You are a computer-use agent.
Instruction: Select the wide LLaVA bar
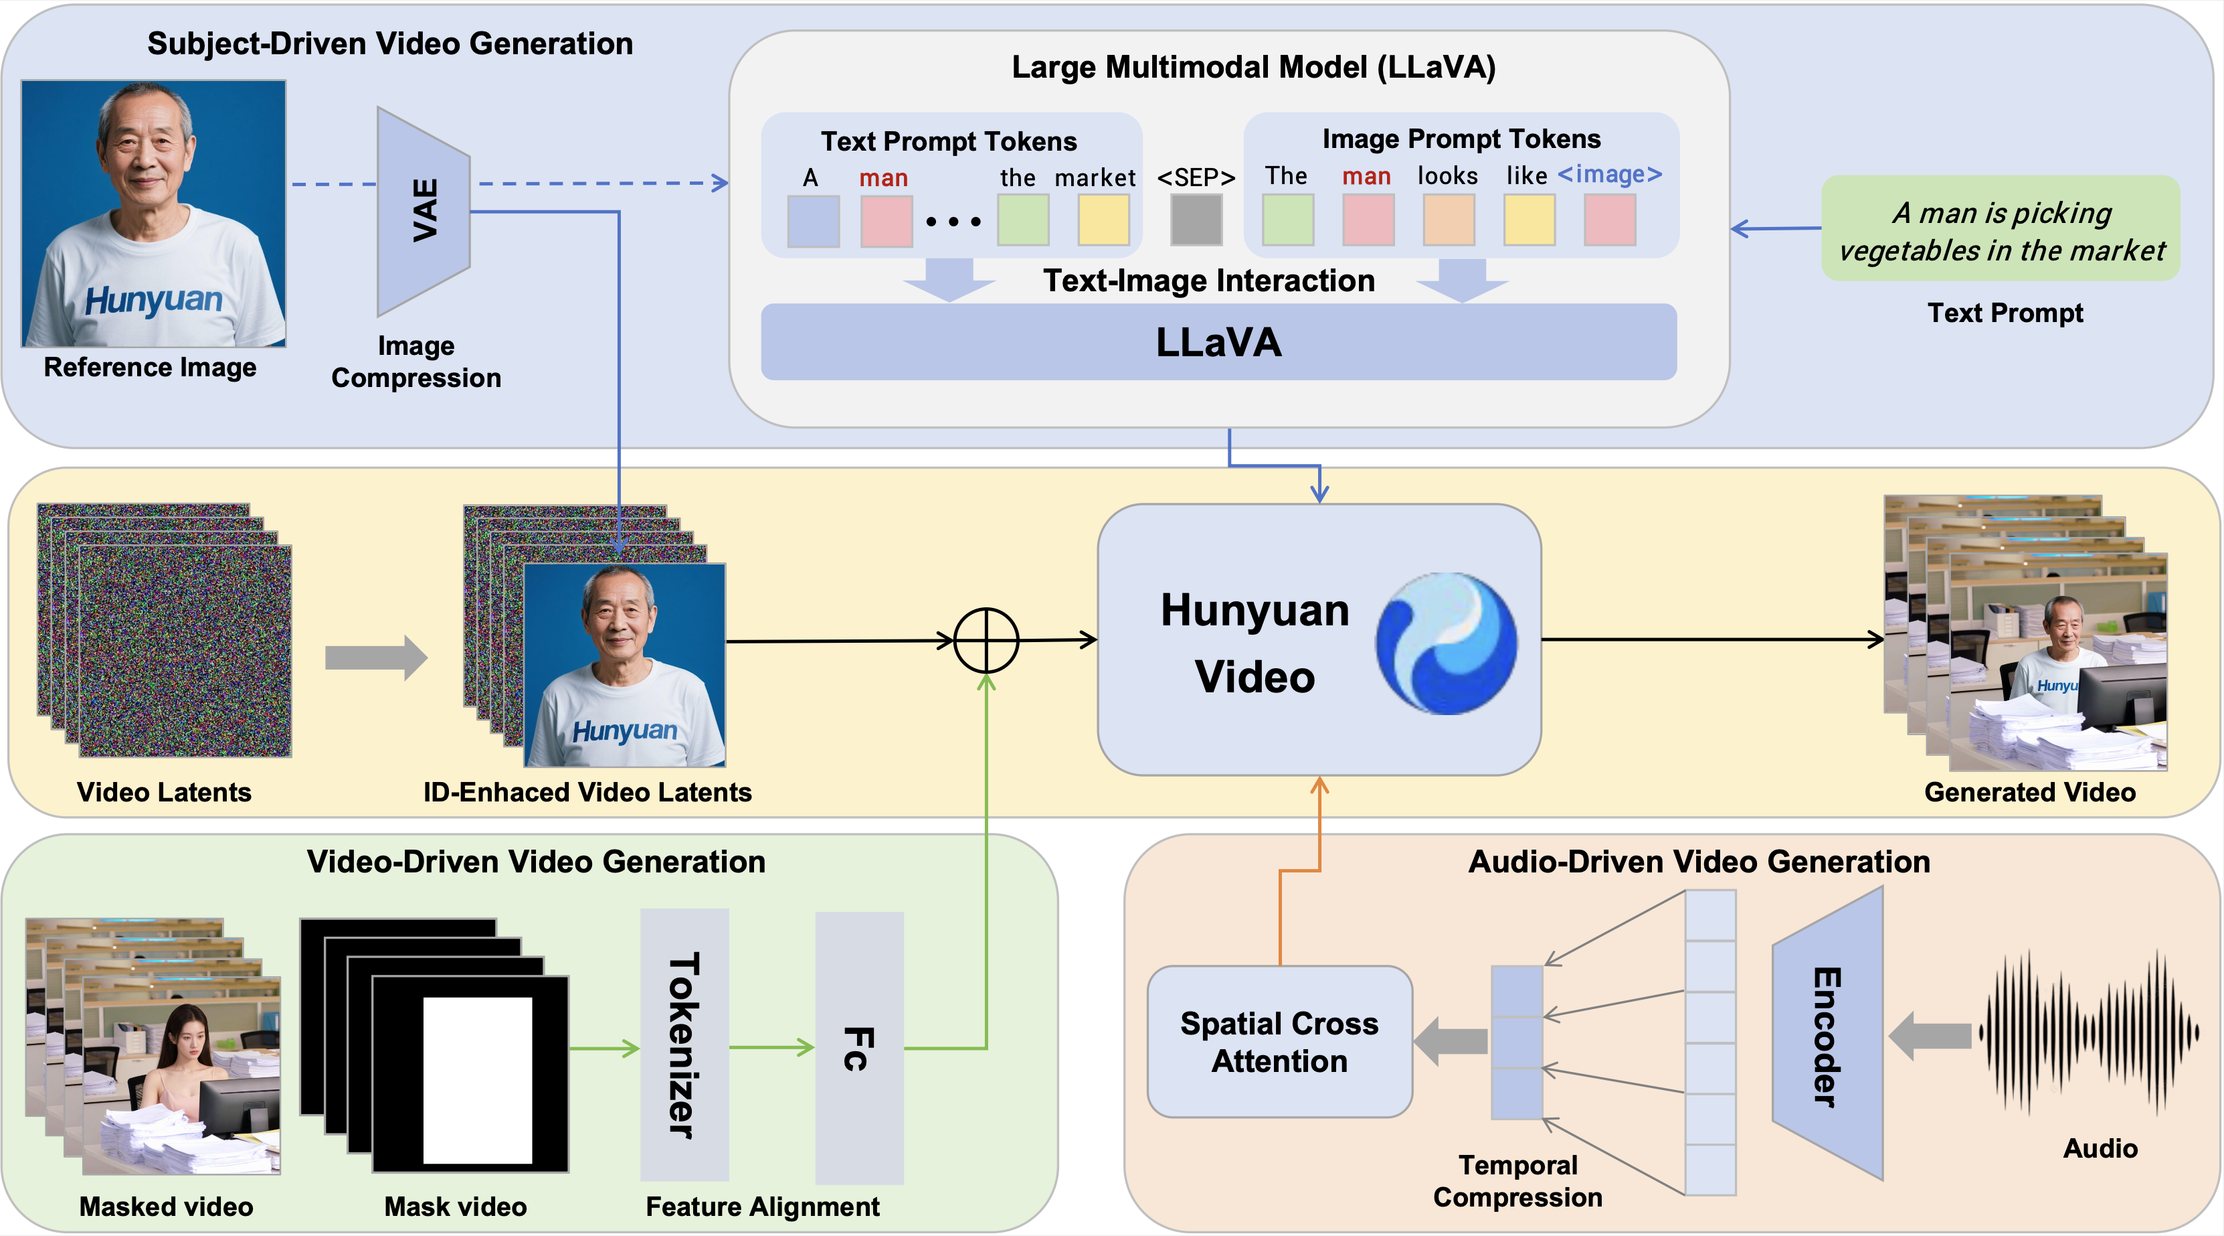pos(1218,342)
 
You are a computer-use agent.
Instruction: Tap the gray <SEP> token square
pos(1196,220)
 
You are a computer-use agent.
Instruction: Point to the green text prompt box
pos(2001,229)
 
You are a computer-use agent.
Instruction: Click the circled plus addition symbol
pos(986,641)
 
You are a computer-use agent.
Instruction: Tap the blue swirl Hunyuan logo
pos(1446,643)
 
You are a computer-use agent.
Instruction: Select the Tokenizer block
pos(684,1045)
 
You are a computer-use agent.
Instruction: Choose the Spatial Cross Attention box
pos(1279,1042)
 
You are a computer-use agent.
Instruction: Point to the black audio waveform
pos(2090,1033)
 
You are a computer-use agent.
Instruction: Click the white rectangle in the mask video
pos(478,1081)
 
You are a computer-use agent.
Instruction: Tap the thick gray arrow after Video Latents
pos(375,658)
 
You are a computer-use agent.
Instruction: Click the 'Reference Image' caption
pos(151,367)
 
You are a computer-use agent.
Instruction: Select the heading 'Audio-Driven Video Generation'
pos(1698,862)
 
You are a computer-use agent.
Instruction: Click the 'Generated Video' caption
pos(2029,792)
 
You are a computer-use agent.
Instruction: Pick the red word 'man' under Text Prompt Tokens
pos(883,178)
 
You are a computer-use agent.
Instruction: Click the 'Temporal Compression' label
pos(1517,1180)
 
